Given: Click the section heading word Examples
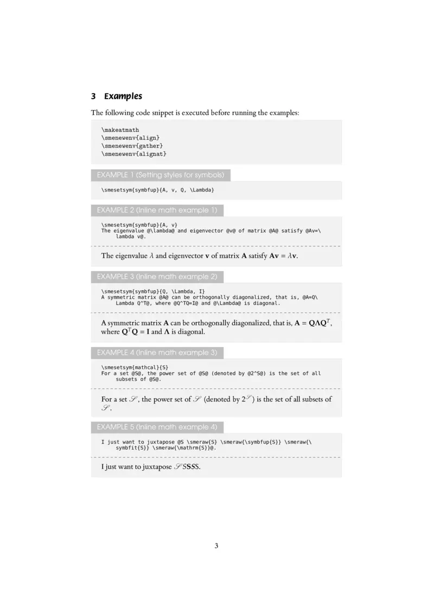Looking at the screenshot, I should click(123, 97).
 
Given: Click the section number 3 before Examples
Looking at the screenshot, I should click(93, 97).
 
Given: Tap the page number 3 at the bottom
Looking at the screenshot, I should click(216, 546).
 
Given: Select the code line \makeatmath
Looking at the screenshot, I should click(120, 130).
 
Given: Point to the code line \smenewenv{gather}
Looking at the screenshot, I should click(132, 146).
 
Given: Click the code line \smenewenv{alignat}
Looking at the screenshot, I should click(133, 155).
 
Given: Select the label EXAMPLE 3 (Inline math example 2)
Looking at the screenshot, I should click(157, 277).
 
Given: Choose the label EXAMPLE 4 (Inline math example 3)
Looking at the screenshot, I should click(157, 353).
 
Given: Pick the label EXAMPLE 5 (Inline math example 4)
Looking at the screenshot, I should click(157, 427).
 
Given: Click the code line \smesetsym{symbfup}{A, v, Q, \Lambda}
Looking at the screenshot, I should click(157, 190).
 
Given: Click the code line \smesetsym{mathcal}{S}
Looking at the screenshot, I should click(131, 367).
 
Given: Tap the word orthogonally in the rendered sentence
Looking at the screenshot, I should click(227, 323).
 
